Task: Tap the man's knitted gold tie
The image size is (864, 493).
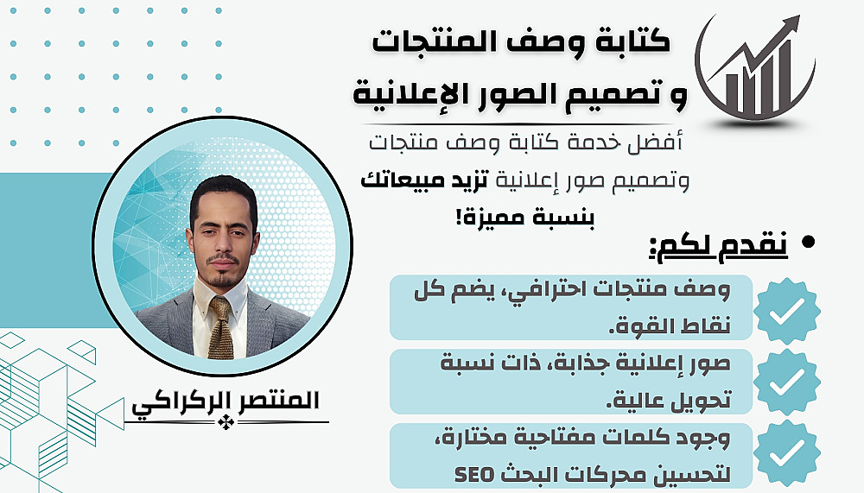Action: pos(221,328)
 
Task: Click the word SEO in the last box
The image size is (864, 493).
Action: pos(475,474)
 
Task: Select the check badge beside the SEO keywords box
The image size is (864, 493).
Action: pos(787,452)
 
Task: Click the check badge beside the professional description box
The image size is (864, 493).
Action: pos(787,311)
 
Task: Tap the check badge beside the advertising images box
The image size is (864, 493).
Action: pos(787,382)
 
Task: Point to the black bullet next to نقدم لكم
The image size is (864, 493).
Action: pos(809,243)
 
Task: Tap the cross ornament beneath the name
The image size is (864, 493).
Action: pos(226,422)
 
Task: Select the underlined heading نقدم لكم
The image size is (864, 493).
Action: pos(719,246)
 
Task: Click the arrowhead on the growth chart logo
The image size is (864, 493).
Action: pos(791,24)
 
